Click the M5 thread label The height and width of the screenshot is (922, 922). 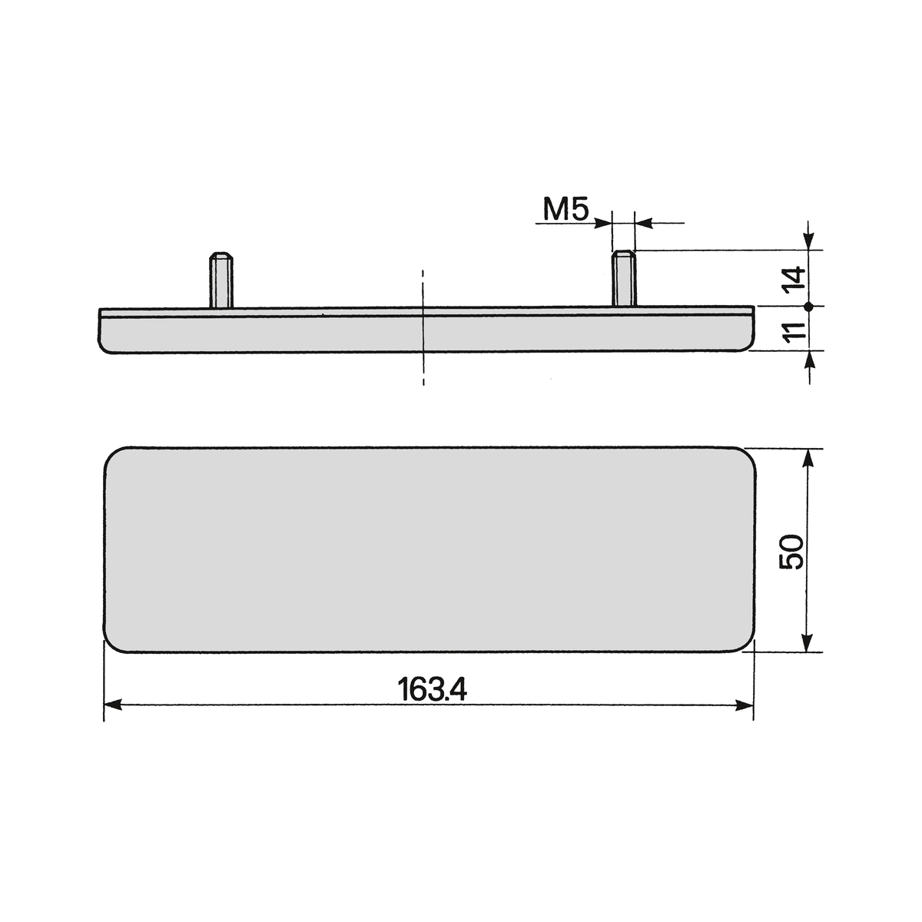(565, 210)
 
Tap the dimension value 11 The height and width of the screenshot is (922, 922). (794, 330)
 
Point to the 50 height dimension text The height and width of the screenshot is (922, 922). (791, 552)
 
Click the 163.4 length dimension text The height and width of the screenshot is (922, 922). (432, 689)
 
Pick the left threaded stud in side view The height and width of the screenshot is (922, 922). (221, 280)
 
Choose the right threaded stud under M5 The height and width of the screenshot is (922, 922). (624, 278)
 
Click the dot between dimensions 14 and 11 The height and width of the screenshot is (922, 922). (808, 307)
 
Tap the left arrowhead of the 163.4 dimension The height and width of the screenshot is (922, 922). (113, 705)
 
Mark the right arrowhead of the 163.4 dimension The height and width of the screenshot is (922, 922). (745, 705)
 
